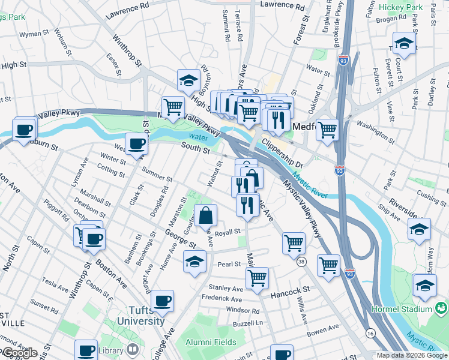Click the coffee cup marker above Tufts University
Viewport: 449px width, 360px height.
coord(162,300)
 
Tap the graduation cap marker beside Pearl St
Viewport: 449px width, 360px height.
coord(193,262)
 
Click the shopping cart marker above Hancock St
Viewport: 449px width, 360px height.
coord(257,278)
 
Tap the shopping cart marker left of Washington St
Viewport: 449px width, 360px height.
coord(327,129)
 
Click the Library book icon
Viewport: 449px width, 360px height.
coord(133,349)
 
